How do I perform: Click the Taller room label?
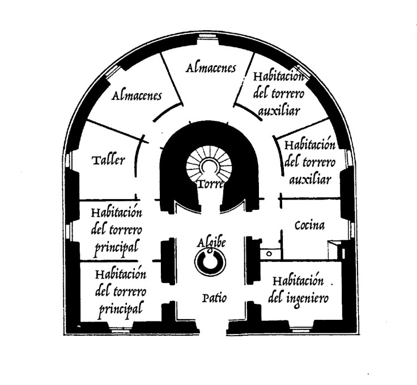coord(108,160)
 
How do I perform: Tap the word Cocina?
coord(309,226)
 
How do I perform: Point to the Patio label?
coord(214,297)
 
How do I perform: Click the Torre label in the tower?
coord(210,184)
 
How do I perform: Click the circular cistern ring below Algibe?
coord(210,261)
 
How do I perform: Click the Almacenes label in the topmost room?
coord(211,68)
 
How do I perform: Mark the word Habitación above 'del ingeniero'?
coord(298,281)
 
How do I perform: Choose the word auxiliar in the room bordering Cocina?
coord(310,180)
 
